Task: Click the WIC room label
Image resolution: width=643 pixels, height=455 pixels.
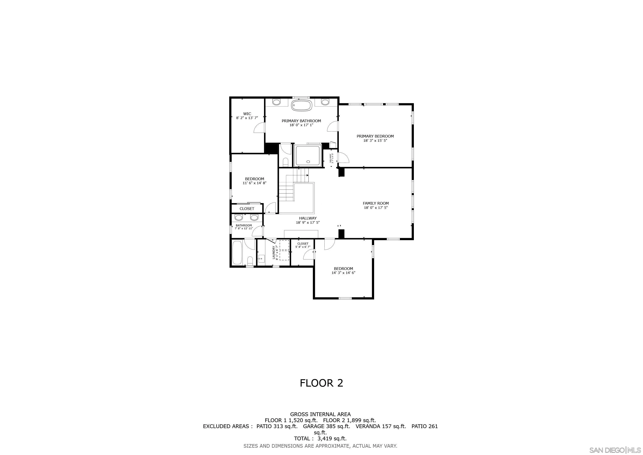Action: pos(247,114)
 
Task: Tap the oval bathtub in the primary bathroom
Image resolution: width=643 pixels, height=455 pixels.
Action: pos(301,106)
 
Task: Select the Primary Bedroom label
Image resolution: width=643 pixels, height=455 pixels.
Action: pos(375,136)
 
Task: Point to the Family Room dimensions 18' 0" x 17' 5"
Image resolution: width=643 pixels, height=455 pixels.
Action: pos(375,208)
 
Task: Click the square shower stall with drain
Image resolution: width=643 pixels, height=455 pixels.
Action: pos(308,156)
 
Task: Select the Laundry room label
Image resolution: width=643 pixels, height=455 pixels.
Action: pos(274,252)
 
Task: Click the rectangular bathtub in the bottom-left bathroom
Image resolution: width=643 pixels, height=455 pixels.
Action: pos(237,252)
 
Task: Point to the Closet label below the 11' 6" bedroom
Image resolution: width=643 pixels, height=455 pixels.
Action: pos(247,209)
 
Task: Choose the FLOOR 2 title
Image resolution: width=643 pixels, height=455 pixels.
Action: pos(321,383)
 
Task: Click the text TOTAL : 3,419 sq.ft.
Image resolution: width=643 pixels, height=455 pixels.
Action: pos(320,439)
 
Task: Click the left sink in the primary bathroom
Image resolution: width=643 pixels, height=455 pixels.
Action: pos(276,102)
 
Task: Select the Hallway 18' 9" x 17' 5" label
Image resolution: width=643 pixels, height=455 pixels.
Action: pos(308,220)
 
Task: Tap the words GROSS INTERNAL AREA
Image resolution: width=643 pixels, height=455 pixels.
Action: pos(320,414)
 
